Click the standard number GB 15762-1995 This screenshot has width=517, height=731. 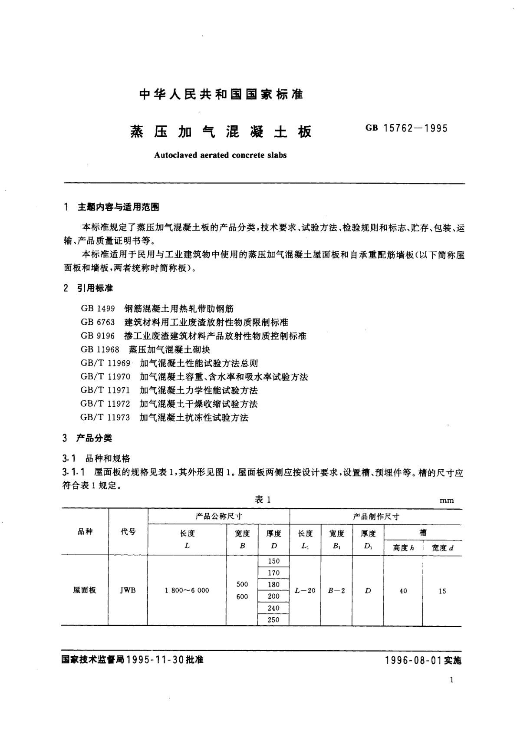[x=407, y=128]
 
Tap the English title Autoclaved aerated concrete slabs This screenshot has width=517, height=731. [x=220, y=155]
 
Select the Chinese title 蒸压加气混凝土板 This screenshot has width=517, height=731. [x=221, y=132]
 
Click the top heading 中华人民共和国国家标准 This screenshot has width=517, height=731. [x=221, y=94]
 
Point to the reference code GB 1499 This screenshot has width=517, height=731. [x=98, y=309]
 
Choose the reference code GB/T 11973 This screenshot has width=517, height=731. [x=105, y=418]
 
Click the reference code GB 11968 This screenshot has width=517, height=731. [x=100, y=349]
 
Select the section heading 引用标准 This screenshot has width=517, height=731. [x=95, y=288]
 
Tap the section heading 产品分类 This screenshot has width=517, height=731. [x=94, y=438]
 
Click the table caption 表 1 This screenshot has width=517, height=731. [x=263, y=500]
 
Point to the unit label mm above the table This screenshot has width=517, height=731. [x=447, y=501]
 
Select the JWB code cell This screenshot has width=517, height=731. [x=128, y=591]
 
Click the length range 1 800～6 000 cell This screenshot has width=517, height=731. [x=187, y=590]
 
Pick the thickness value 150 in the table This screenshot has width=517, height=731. [x=273, y=561]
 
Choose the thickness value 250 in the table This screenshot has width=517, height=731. [x=273, y=620]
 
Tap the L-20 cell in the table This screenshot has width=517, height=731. [x=305, y=591]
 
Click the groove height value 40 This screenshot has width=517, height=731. [x=403, y=591]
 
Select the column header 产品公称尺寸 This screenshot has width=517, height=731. [x=219, y=517]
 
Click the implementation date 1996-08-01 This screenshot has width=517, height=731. [x=412, y=660]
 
